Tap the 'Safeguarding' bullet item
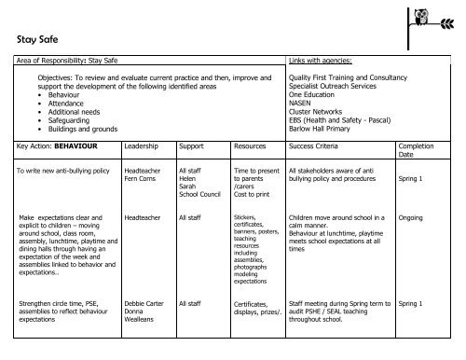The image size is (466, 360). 64,120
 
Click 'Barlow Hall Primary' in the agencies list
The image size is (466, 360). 321,129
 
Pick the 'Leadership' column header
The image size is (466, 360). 141,147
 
